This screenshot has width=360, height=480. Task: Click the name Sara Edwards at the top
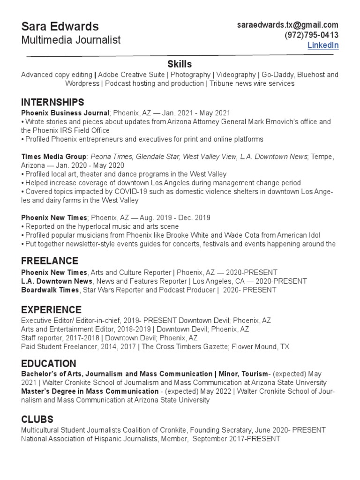(60, 26)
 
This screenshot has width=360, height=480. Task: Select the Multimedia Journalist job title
(71, 40)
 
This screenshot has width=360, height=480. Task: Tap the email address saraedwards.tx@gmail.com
(287, 25)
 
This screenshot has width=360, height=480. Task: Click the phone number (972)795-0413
(311, 35)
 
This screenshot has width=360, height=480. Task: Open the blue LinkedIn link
(322, 45)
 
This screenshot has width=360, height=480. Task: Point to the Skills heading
(180, 64)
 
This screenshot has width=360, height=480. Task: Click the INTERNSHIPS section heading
(52, 102)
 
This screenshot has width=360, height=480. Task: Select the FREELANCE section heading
(49, 261)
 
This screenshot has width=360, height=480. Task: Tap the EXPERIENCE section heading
(51, 310)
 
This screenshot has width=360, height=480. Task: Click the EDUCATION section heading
(48, 364)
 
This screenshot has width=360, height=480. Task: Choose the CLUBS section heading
(37, 419)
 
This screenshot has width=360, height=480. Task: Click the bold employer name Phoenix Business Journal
(65, 112)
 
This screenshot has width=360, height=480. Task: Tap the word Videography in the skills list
(236, 75)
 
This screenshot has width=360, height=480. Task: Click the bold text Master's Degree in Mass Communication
(90, 391)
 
